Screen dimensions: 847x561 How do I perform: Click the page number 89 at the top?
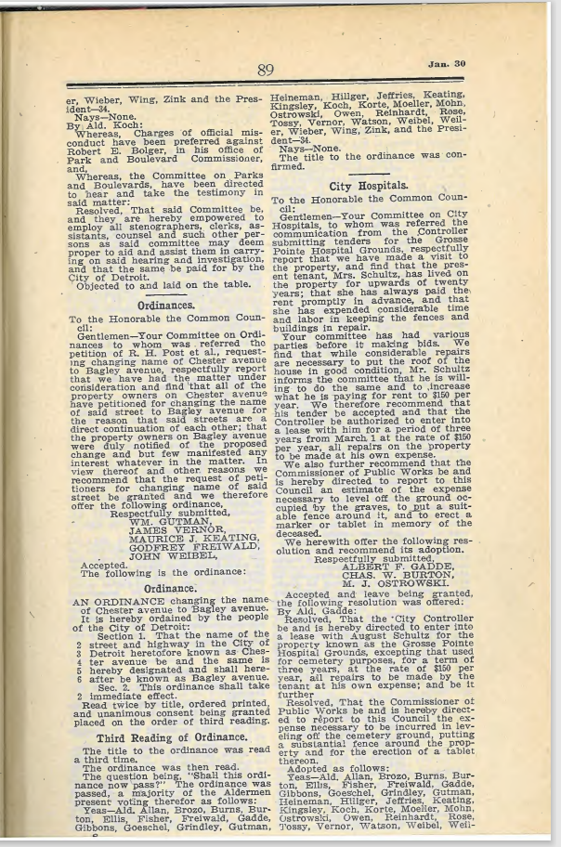[267, 71]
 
